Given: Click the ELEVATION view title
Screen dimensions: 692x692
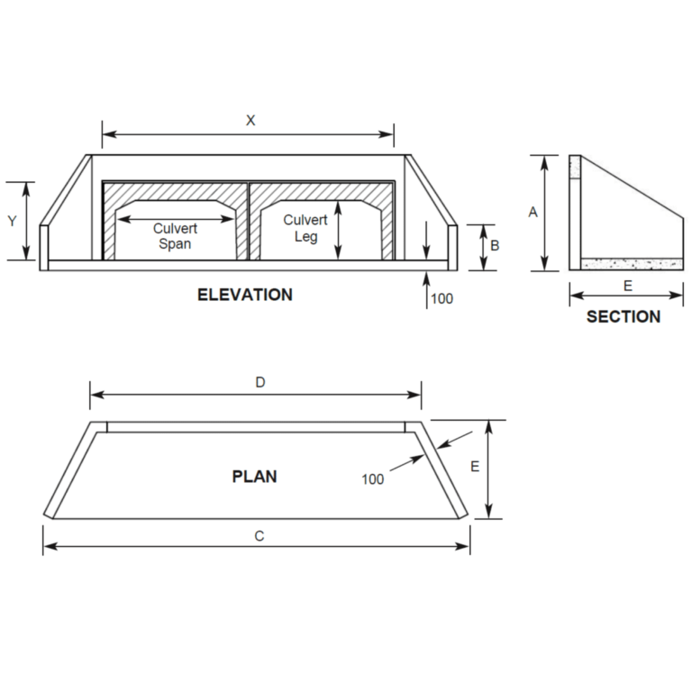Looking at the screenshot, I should (x=245, y=295).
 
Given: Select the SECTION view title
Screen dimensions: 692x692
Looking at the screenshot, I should (x=624, y=317).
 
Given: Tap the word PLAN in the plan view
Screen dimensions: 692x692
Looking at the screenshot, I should (x=254, y=477).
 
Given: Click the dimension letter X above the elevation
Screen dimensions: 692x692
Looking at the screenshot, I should (x=250, y=121).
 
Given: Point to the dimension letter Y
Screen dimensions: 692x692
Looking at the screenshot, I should (x=13, y=221).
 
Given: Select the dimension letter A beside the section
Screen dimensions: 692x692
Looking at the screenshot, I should (x=533, y=213).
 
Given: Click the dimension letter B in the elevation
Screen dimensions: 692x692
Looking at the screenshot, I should (x=495, y=244).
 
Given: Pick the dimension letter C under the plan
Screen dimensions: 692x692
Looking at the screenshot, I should (x=259, y=536).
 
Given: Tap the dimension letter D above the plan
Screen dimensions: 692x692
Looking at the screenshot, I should (x=259, y=383).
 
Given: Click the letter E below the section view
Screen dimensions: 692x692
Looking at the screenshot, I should (x=628, y=285).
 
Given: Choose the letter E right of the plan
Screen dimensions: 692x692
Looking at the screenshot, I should (x=474, y=467).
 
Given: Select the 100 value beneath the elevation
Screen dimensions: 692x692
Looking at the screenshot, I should (x=442, y=298).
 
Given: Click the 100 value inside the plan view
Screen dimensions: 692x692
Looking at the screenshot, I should (x=373, y=478).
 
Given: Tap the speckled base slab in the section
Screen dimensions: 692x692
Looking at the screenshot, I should (x=632, y=264).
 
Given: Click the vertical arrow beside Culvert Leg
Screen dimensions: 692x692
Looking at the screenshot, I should (x=338, y=230).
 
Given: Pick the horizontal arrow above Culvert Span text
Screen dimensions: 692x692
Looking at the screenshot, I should (x=177, y=218).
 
